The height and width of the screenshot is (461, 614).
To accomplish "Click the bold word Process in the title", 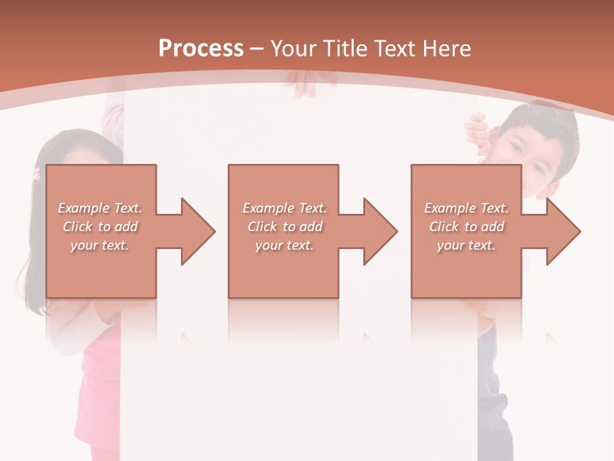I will tap(201, 49).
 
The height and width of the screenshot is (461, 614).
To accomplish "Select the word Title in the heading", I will tap(345, 49).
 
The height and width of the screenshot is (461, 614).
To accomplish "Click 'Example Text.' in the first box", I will tap(100, 208).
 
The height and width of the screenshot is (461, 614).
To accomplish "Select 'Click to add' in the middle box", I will tap(285, 227).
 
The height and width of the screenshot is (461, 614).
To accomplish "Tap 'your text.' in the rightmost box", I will tap(466, 245).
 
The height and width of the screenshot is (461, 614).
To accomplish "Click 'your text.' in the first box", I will tap(100, 245).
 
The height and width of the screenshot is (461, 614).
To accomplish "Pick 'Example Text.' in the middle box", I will tap(285, 208).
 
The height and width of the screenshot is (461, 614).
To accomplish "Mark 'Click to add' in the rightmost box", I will tap(466, 227).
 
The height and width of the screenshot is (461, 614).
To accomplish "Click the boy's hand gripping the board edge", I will tap(477, 131).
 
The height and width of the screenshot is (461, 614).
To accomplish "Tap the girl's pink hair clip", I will tap(36, 173).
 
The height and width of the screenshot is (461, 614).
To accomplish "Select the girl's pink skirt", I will tap(96, 410).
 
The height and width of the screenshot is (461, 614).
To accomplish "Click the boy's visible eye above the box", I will tap(515, 149).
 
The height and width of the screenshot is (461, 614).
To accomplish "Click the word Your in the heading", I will tap(293, 49).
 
